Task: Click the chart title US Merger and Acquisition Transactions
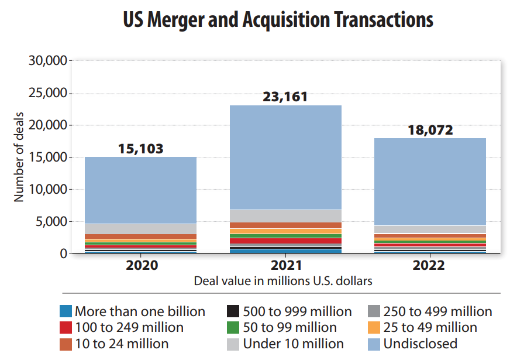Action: click(278, 19)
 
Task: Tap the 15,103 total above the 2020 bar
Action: click(140, 148)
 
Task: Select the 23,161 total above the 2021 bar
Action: click(285, 97)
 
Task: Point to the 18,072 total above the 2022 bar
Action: click(430, 129)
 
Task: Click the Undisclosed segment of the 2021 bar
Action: click(285, 157)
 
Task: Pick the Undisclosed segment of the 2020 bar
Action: click(140, 190)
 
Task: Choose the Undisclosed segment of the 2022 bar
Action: click(430, 181)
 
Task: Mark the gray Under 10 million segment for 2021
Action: click(285, 216)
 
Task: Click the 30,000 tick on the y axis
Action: click(48, 61)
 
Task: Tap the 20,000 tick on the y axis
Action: click(48, 125)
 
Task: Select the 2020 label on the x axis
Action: click(141, 266)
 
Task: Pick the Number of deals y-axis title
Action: click(19, 157)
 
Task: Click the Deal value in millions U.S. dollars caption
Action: click(283, 280)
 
